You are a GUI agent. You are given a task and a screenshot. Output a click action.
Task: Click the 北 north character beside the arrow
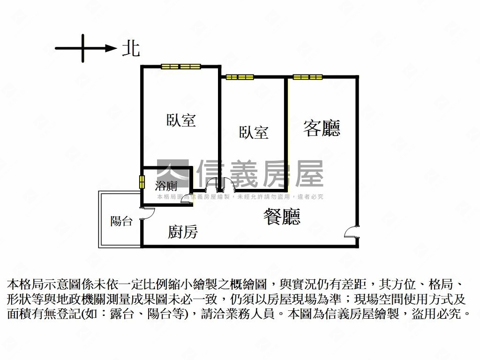click(131, 48)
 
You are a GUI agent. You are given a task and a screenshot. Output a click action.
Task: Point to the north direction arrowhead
click(111, 48)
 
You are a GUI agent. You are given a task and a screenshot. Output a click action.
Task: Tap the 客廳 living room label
click(322, 127)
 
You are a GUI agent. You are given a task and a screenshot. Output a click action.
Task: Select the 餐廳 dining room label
click(282, 217)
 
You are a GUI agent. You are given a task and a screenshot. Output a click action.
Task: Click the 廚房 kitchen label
click(183, 232)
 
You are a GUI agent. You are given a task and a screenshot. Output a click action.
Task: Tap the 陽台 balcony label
click(121, 221)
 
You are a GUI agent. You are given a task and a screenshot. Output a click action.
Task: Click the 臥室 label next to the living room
click(254, 132)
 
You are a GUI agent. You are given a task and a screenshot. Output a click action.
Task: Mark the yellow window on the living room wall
click(308, 77)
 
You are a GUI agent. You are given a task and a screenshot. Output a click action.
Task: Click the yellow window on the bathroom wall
click(142, 182)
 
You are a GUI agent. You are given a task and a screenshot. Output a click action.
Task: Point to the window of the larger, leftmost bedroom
click(181, 66)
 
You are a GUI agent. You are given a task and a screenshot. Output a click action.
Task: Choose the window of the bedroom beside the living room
click(240, 77)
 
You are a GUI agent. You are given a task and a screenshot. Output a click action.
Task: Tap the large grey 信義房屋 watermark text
click(260, 173)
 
